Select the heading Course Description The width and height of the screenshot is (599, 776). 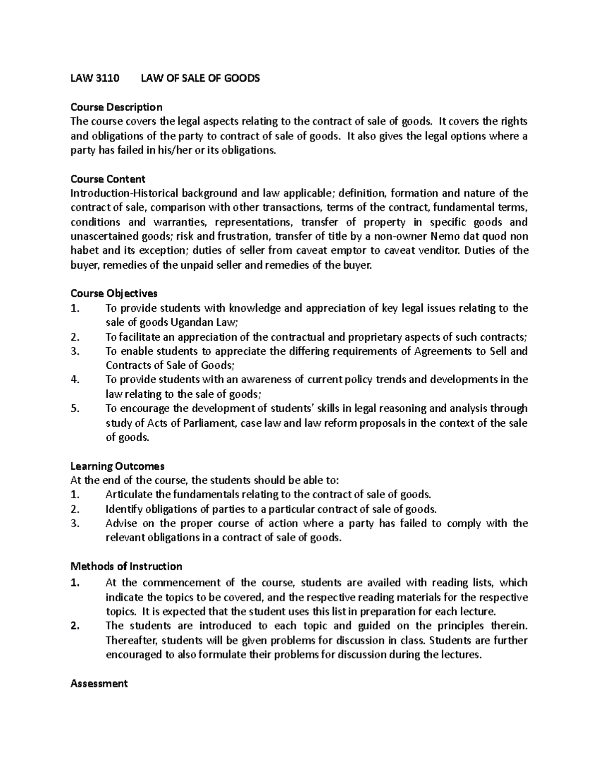[x=116, y=107]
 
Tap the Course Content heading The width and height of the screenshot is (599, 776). [x=108, y=179]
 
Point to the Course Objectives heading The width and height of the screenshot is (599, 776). [x=114, y=293]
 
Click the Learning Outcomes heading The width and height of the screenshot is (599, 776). [x=117, y=466]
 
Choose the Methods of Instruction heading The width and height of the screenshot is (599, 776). [x=126, y=566]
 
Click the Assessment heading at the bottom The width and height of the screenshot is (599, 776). [x=99, y=684]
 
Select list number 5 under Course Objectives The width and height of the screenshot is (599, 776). [x=75, y=409]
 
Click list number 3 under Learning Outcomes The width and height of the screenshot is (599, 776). [x=75, y=524]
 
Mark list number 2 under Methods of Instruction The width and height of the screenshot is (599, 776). [x=75, y=626]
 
